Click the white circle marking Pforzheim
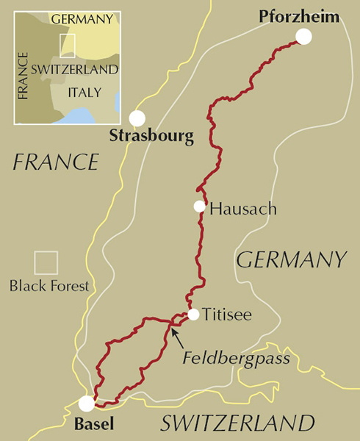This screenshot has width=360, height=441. click(303, 37)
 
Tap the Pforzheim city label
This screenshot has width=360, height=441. click(300, 15)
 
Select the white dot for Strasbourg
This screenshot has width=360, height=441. click(137, 118)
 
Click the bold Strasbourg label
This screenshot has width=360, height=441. click(151, 136)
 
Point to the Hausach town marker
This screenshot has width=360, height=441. click(199, 207)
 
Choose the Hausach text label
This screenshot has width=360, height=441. click(243, 209)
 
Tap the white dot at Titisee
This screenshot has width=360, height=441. click(192, 315)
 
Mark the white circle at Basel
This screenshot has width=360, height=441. click(87, 403)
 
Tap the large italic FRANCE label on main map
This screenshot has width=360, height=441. click(55, 161)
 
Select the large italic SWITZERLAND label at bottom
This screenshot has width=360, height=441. click(237, 423)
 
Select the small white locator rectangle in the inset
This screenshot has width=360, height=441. click(68, 45)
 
